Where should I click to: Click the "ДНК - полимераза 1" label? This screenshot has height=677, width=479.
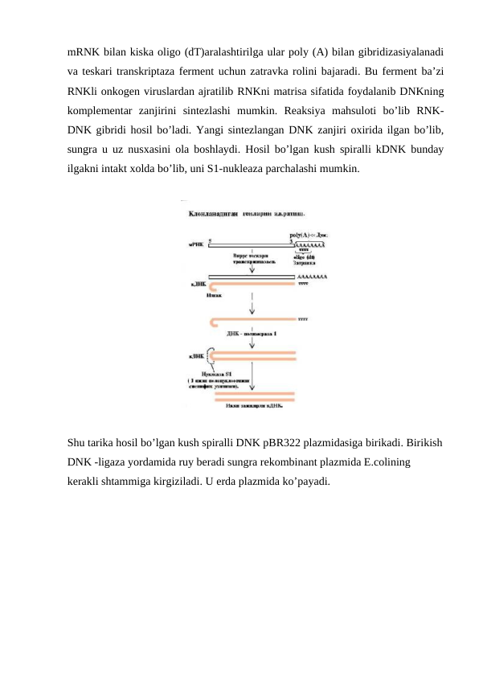coord(251,334)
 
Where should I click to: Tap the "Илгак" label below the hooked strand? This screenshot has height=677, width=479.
coord(215,295)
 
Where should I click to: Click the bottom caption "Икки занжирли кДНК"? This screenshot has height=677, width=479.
coord(252,405)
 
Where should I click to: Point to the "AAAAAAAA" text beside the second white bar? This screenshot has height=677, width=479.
coord(313,276)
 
